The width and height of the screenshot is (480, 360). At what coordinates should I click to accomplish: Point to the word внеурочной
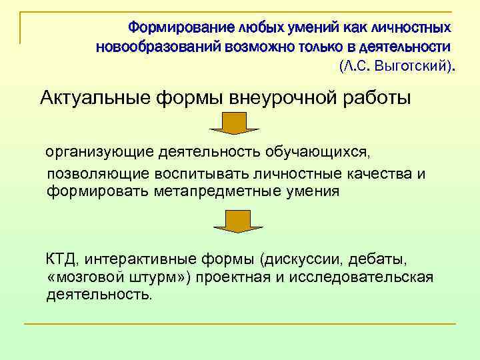click(289, 98)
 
